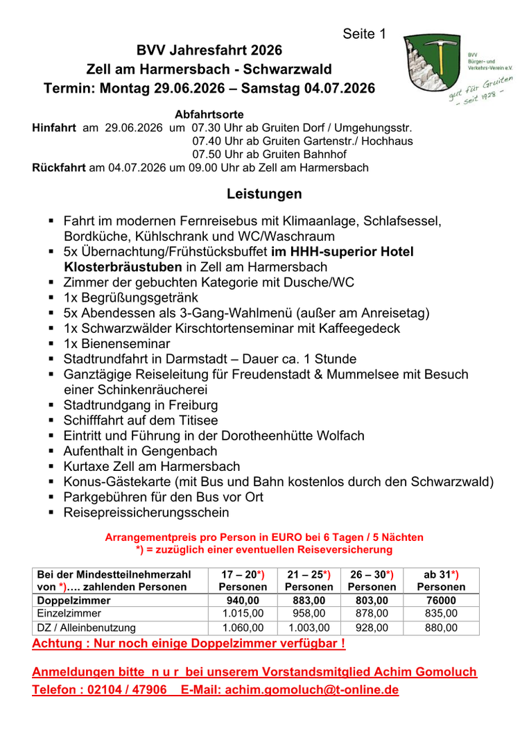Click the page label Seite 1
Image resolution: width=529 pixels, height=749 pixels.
[x=364, y=34]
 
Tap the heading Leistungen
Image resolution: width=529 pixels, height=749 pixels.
[x=264, y=193]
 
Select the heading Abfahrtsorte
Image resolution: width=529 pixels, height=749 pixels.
[x=209, y=114]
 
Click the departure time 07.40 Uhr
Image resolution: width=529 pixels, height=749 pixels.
[x=218, y=141]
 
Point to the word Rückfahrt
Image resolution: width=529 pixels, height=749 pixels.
[x=59, y=168]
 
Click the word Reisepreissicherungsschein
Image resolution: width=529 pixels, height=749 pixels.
[x=146, y=513]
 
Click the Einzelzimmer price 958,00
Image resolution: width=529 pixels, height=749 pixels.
[x=309, y=614]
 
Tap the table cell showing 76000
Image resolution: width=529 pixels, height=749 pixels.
[x=440, y=601]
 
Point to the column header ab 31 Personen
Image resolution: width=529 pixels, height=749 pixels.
[x=440, y=580]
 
